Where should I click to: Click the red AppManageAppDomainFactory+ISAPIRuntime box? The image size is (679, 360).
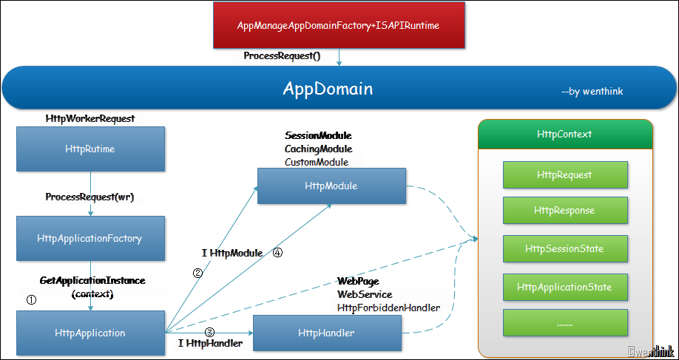[x=339, y=25]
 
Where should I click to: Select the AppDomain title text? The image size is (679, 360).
[x=328, y=89]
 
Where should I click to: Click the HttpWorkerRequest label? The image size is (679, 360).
[x=90, y=118]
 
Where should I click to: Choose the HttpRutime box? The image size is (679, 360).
[x=90, y=149]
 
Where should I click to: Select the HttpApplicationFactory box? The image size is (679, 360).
[x=89, y=238]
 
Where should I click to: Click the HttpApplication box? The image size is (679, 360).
[x=90, y=333]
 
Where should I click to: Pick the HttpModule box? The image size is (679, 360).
[x=331, y=186]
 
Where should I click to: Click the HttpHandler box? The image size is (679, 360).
[x=326, y=333]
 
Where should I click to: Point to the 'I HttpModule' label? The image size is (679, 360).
[x=232, y=253]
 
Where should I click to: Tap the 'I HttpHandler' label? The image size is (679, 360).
[x=211, y=343]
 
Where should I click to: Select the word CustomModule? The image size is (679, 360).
[x=316, y=162]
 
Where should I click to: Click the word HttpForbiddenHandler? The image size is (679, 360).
[x=388, y=307]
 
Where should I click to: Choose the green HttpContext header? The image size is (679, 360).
[x=564, y=135]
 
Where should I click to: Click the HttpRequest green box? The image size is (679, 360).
[x=564, y=175]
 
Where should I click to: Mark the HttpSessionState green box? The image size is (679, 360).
[x=564, y=248]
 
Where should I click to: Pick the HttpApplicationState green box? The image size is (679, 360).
[x=564, y=286]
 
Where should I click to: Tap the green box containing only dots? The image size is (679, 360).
[x=564, y=323]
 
